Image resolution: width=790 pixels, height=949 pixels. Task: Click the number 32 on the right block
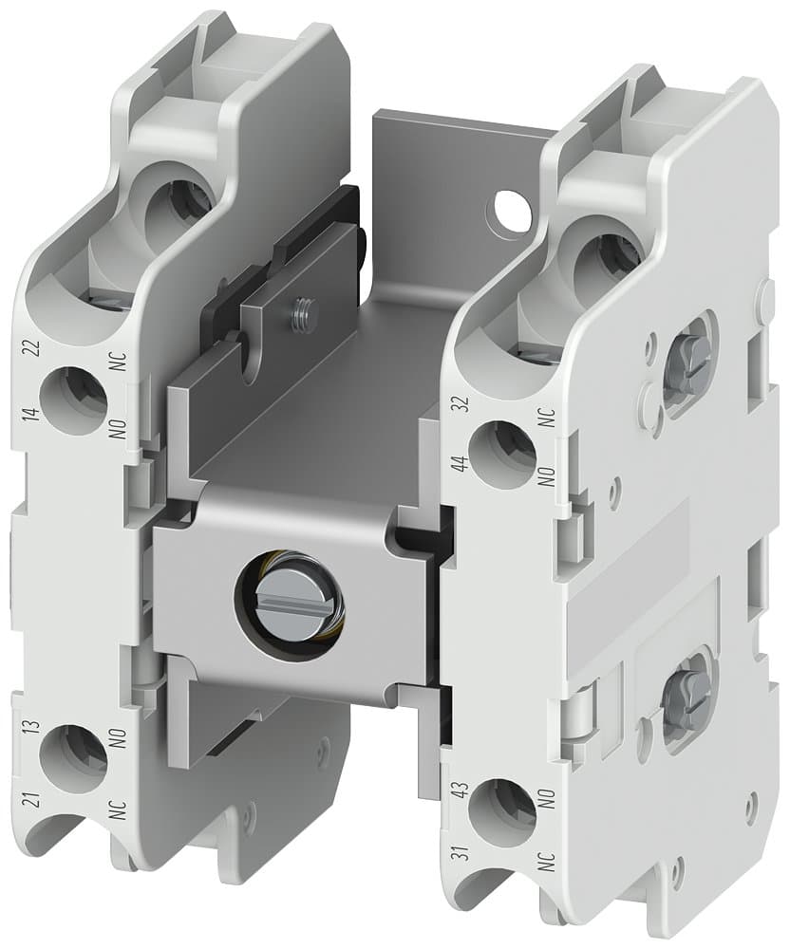(x=462, y=405)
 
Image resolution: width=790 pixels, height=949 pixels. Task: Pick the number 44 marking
(x=462, y=464)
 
